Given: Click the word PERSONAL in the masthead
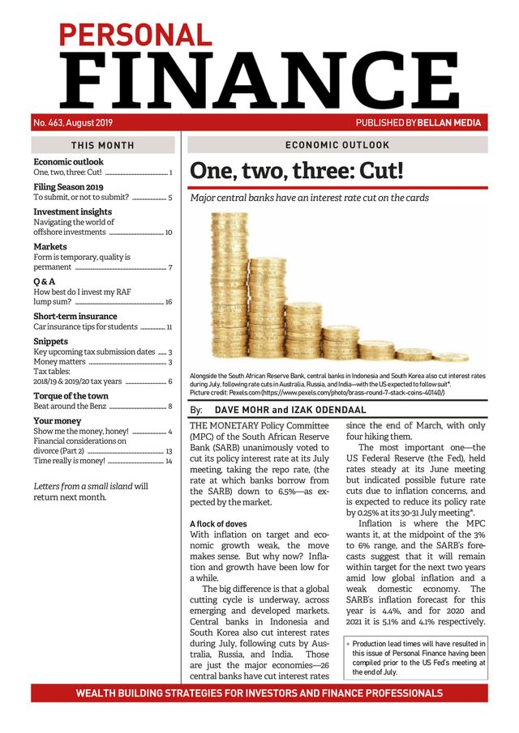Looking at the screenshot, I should point(134,34).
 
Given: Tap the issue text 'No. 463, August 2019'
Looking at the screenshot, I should point(73,123).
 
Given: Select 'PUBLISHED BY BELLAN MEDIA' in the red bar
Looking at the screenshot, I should point(418,123).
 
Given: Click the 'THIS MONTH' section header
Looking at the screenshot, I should point(102,146).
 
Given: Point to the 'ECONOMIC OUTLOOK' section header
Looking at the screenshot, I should point(337,145).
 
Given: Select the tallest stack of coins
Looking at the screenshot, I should point(228,288).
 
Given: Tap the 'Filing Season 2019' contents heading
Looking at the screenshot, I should point(68,186).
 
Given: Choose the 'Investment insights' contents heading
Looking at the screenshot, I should point(72,211).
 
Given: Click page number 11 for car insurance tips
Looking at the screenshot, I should point(169,327).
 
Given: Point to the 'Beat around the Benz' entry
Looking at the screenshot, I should point(68,406).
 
